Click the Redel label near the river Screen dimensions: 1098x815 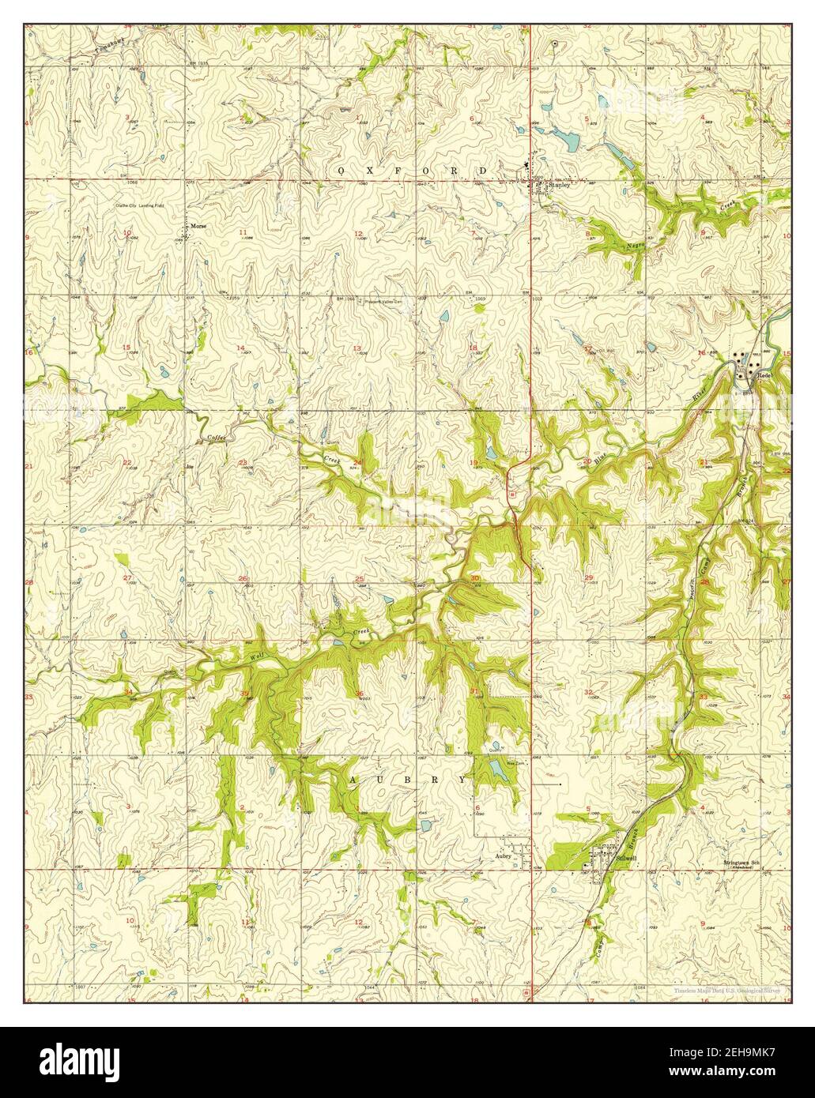pos(764,374)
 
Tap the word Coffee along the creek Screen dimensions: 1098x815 pos(216,437)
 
